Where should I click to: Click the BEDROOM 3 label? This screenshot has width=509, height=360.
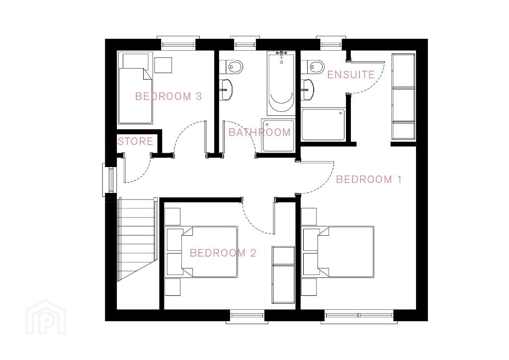[x=169, y=96]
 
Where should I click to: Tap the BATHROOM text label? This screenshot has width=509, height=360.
[x=259, y=132]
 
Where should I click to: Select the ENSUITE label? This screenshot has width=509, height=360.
[x=351, y=75]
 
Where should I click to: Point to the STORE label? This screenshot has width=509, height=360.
[x=135, y=141]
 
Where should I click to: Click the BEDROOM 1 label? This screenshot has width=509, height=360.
[x=369, y=180]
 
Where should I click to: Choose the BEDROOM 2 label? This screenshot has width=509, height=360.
[x=223, y=253]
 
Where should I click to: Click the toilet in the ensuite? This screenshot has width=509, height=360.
[x=313, y=67]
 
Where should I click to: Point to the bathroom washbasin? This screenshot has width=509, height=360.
[x=226, y=90]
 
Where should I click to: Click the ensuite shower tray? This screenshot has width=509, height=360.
[x=323, y=125]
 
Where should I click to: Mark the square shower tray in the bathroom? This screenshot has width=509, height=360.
[x=278, y=135]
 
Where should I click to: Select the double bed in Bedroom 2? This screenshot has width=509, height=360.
[x=202, y=252]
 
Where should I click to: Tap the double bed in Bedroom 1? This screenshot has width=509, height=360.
[x=338, y=252]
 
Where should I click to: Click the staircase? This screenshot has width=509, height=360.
[x=136, y=239]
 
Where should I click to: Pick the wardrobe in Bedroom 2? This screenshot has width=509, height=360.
[x=283, y=274]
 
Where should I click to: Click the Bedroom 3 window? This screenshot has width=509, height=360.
[x=178, y=43]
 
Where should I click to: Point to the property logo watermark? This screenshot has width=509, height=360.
[x=46, y=317]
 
